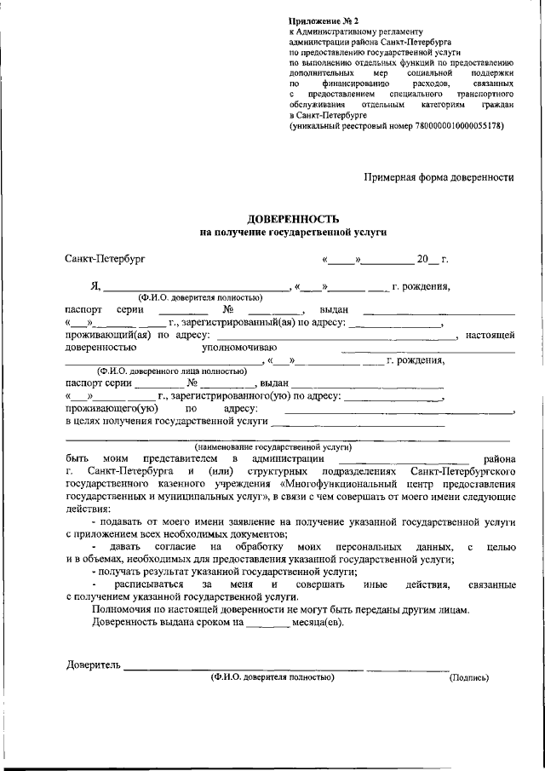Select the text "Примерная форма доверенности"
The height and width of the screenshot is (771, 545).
439,177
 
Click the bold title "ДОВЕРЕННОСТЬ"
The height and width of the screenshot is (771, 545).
293,218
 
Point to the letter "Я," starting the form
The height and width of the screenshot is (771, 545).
96,286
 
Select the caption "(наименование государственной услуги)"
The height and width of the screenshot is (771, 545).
273,446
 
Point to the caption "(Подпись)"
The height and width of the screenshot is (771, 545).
469,678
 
